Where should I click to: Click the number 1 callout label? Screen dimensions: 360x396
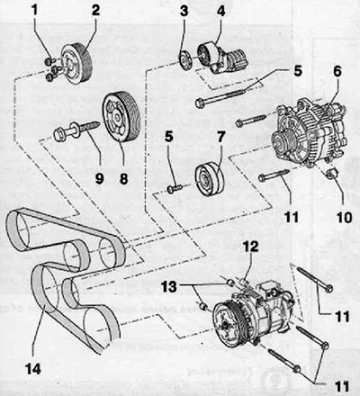[35, 10]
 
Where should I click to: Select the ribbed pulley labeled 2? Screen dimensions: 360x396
[76, 64]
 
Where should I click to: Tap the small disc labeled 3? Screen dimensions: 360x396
[184, 61]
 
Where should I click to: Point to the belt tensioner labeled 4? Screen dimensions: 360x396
[222, 58]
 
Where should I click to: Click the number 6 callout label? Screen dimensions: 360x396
[337, 71]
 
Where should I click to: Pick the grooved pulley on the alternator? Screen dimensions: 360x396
[283, 143]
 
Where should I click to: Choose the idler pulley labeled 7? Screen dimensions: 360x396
[209, 179]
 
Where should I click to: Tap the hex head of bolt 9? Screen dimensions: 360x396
[58, 135]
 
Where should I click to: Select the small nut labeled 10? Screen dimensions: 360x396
[333, 174]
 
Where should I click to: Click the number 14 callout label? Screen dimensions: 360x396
[33, 369]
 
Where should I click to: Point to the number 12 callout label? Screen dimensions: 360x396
[251, 247]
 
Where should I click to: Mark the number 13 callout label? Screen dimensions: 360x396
[169, 287]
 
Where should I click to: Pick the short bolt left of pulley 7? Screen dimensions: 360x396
[175, 188]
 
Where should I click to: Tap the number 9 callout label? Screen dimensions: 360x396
[99, 179]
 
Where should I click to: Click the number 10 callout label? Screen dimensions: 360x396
[344, 217]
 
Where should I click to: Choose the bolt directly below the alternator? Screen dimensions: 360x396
[274, 175]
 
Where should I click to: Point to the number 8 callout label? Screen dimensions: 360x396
[123, 179]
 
